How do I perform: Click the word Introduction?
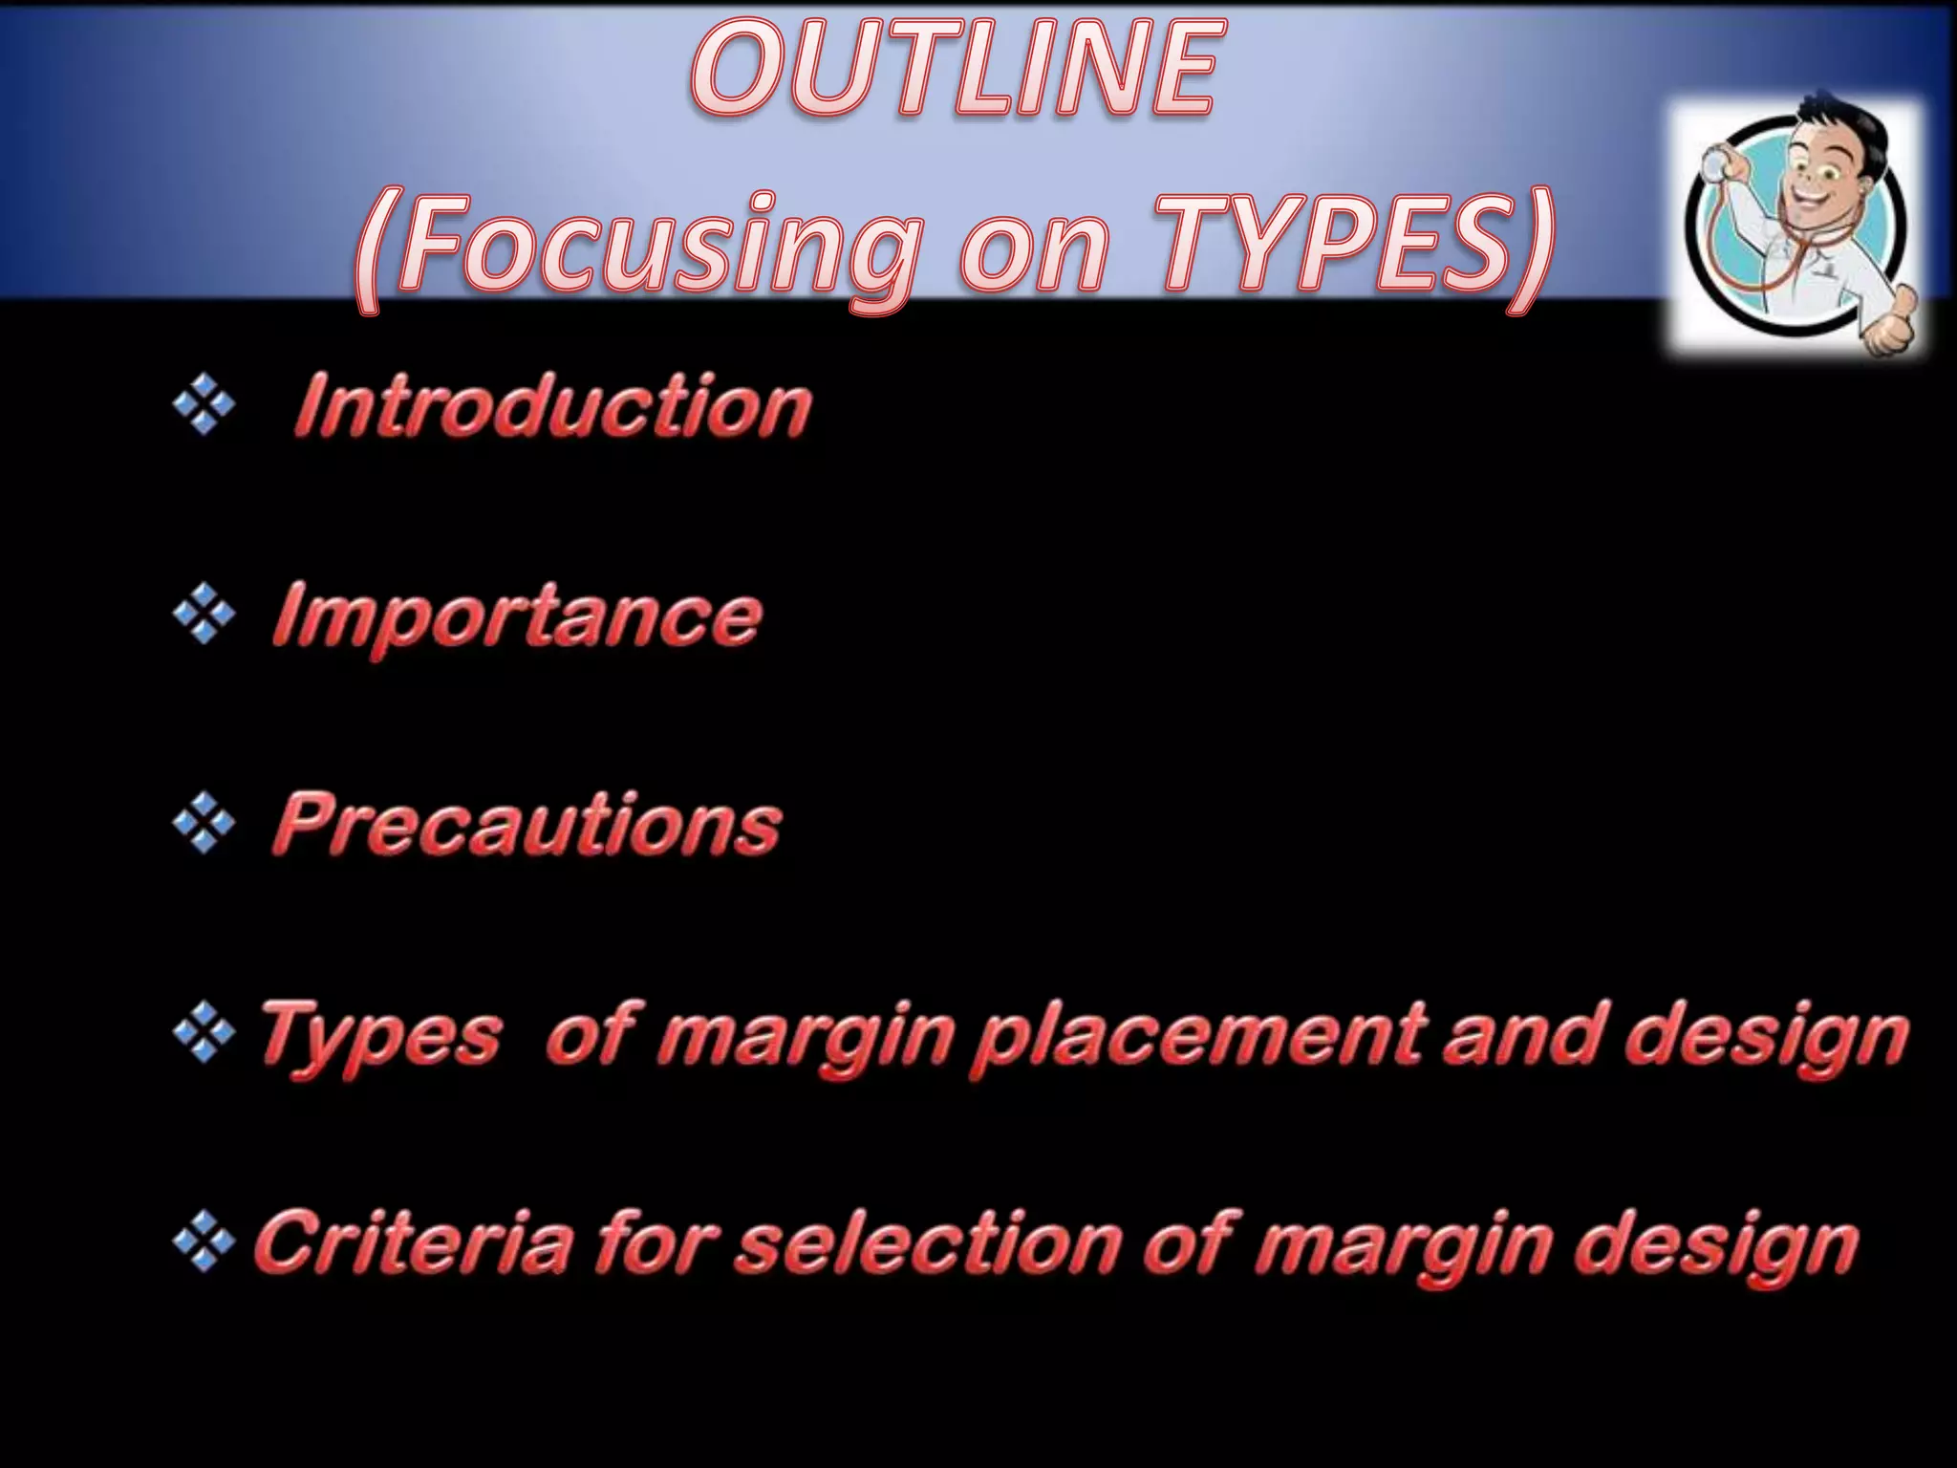(x=552, y=407)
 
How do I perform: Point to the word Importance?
(x=517, y=616)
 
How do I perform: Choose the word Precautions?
(x=527, y=824)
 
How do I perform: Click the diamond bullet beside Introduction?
(x=204, y=405)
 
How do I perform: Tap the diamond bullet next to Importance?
(x=204, y=615)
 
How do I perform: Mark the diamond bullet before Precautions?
(x=204, y=824)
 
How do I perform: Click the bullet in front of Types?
(x=204, y=1034)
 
